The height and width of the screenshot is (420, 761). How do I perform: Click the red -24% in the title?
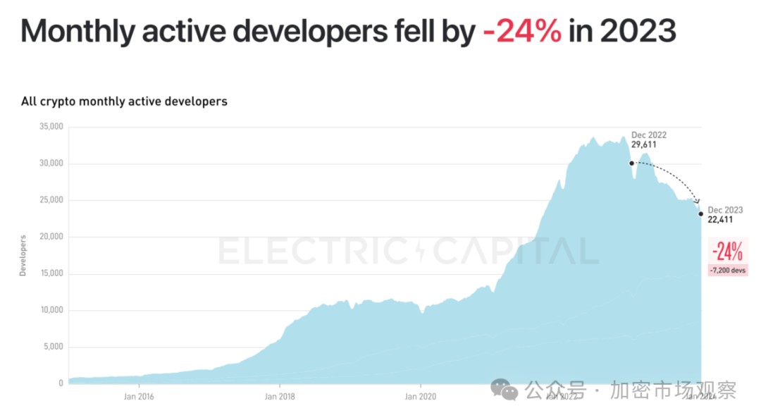tap(522, 32)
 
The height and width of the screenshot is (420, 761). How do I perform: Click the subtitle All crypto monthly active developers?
tap(124, 101)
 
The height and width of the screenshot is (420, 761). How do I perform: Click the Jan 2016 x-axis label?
tap(139, 396)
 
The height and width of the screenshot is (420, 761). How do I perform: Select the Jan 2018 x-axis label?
tap(280, 396)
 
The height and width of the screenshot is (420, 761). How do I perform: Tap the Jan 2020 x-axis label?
tap(421, 396)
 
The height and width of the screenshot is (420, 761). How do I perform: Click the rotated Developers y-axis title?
tap(23, 255)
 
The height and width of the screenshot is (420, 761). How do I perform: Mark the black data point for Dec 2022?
tap(631, 163)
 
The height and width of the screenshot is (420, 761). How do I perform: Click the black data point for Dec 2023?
tap(701, 214)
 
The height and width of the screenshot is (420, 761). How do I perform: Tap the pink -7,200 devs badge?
tap(726, 270)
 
